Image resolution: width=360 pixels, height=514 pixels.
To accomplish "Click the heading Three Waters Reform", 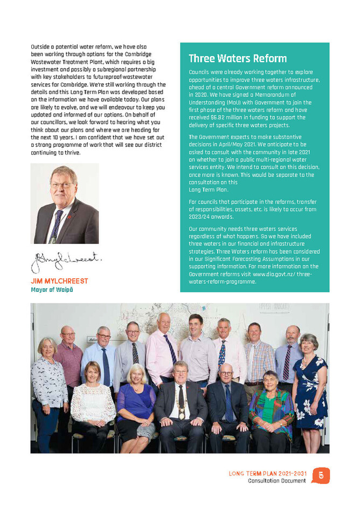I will (237, 59).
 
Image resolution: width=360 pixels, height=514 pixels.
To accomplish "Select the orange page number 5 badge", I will (321, 475).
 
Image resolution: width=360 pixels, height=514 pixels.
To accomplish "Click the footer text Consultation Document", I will (276, 481).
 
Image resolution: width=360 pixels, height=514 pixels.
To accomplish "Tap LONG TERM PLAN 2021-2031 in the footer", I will (267, 474).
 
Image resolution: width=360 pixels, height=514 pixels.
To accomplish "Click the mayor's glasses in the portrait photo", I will (63, 185).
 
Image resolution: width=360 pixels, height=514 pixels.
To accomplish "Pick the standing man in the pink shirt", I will (162, 356).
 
